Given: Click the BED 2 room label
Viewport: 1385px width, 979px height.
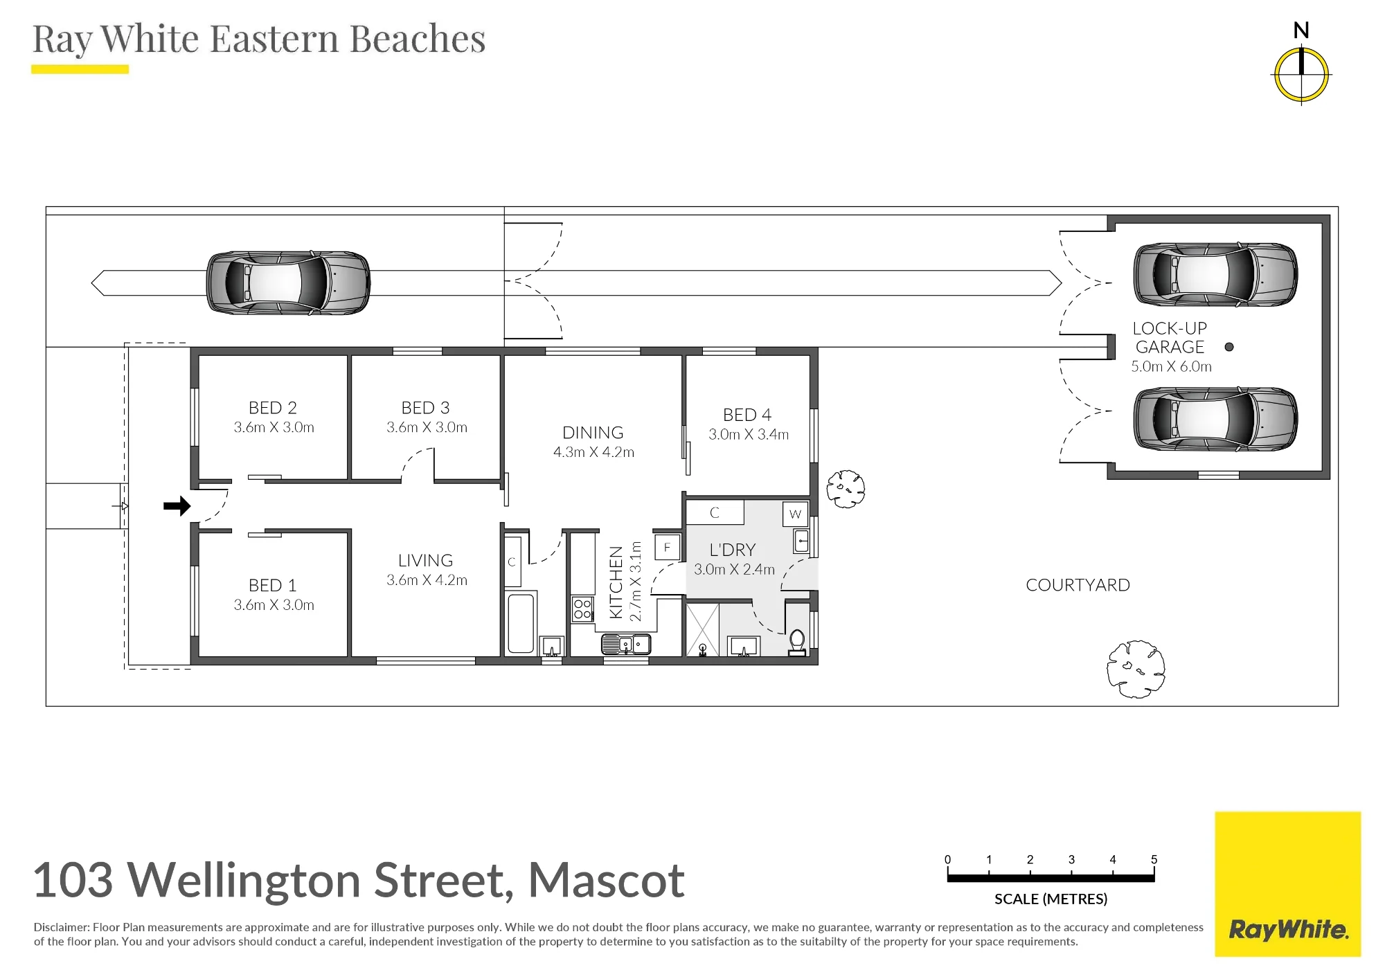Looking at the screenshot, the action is point(273,408).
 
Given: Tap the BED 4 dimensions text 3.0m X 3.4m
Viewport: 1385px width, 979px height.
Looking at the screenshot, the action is point(749,435).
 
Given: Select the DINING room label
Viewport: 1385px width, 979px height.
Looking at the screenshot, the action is point(593,433).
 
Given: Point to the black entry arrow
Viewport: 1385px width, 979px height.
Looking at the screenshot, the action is point(177,506).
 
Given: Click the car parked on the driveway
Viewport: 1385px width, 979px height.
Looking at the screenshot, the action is point(288,282).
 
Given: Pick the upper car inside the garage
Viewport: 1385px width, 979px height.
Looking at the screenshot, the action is point(1215,274).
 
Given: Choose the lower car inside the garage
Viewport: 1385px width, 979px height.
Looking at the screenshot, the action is point(1215,419).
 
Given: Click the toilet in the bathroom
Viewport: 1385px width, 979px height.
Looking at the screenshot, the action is point(797,643).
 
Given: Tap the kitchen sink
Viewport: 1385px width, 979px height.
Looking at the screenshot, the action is point(626,645).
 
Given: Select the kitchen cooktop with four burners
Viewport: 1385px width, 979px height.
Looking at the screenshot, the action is point(582,609).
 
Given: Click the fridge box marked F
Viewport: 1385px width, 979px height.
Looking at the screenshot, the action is point(667,547).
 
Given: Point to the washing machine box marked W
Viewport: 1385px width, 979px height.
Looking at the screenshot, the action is point(795,514).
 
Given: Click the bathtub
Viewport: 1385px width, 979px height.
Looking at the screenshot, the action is point(521,622).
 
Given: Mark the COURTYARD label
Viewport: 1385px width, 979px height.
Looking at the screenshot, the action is point(1078,585).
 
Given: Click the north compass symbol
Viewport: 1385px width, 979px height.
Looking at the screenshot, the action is point(1301,75).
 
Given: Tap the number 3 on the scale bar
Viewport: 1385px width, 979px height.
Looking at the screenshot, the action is point(1071,860).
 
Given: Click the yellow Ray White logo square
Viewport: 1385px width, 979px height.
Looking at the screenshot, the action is point(1288,884).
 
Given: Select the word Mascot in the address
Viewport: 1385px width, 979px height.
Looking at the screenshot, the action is point(607,881).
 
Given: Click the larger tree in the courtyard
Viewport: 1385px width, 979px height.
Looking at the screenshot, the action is point(1136,669).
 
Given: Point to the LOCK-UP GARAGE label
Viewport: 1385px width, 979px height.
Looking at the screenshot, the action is point(1170,337).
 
